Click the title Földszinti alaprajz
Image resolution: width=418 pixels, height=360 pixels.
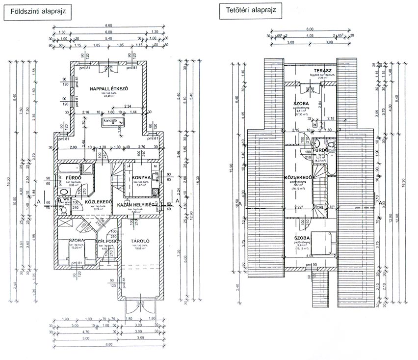tap(38, 11)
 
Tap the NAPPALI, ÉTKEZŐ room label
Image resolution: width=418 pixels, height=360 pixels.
tap(109, 88)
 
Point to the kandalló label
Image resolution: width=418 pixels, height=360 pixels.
tap(109, 120)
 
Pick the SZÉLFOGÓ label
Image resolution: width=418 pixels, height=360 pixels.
tap(104, 241)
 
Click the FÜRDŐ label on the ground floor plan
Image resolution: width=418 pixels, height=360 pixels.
tap(66, 177)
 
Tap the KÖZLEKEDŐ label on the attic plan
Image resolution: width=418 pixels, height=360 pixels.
tap(295, 177)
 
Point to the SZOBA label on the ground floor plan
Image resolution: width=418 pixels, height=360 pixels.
tap(76, 241)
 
